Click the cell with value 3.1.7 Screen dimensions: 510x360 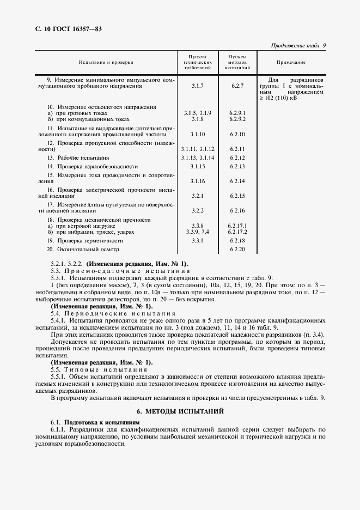pyautogui.click(x=197, y=86)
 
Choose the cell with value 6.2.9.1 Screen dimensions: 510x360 pyautogui.click(x=237, y=113)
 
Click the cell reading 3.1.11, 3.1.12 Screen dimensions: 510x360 pyautogui.click(x=198, y=148)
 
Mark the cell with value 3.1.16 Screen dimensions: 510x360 pyautogui.click(x=198, y=180)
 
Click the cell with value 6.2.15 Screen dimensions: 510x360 pyautogui.click(x=237, y=195)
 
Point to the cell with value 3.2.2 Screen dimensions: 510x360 pyautogui.click(x=197, y=210)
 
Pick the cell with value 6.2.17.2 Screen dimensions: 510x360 pyautogui.click(x=237, y=232)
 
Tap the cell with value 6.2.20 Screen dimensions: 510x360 pyautogui.click(x=237, y=249)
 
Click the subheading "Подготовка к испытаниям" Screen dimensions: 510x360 pyautogui.click(x=102, y=422)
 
